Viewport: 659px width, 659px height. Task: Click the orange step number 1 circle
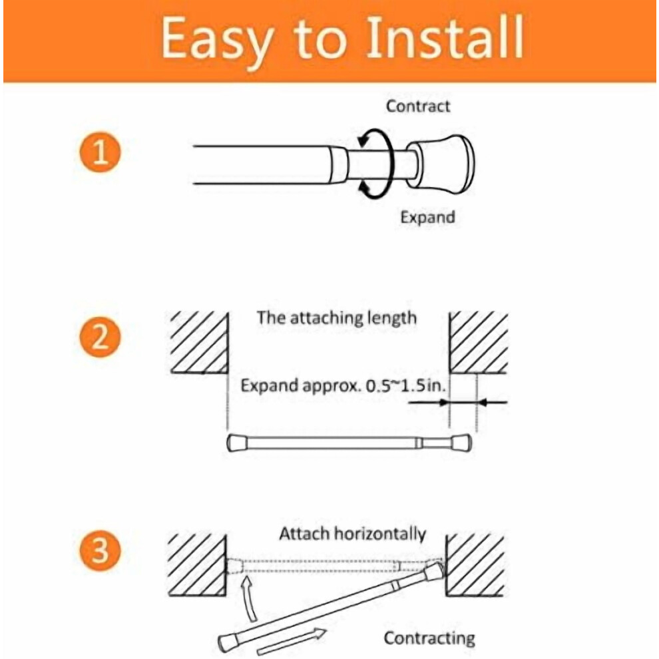pos(100,152)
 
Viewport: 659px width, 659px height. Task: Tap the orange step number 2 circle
pos(100,337)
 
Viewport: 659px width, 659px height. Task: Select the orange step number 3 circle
pos(100,550)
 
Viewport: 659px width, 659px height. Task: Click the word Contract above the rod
pos(418,106)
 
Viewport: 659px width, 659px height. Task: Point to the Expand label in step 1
pos(427,218)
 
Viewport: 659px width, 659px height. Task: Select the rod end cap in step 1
pos(441,164)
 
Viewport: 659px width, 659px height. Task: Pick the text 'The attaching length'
pos(337,318)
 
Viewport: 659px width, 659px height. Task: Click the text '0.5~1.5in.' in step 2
pos(405,385)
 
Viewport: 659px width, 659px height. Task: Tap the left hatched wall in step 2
pos(199,343)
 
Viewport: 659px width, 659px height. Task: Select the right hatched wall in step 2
pos(479,343)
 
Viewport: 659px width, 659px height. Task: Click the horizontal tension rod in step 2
pos(349,443)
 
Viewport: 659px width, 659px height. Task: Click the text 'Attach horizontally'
pos(353,534)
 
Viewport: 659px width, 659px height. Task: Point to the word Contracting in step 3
pos(429,638)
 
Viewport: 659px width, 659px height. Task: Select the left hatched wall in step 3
pos(197,565)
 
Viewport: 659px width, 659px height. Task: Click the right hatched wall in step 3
pos(475,565)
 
